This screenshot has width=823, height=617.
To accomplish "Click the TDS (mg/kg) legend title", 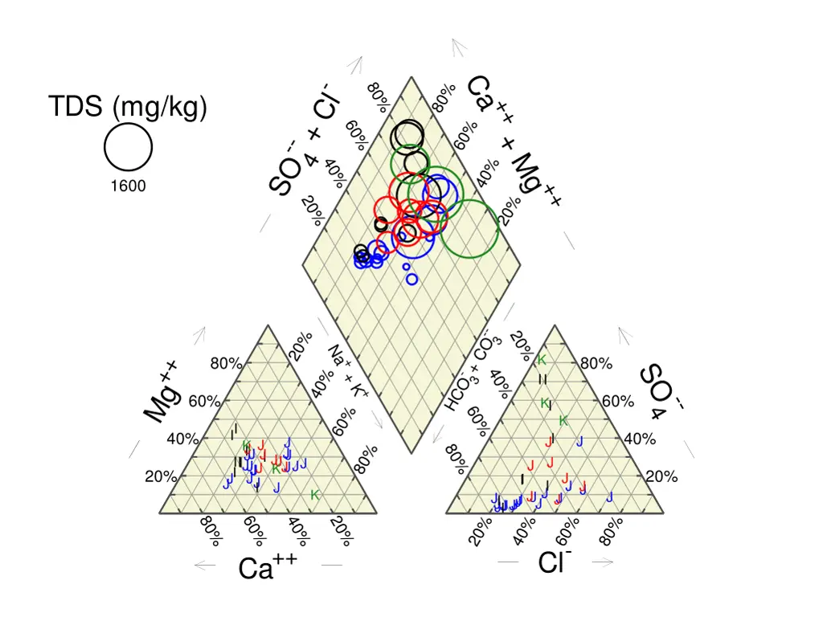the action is coord(127,107).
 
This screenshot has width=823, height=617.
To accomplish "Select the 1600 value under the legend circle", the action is coord(128,186).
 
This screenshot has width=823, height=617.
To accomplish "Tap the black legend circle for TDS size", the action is coord(129,150).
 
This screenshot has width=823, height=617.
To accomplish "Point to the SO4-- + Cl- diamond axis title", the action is coord(305,141).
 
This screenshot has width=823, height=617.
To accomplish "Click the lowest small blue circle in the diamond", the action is coord(412,279).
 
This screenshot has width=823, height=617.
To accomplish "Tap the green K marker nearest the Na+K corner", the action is coord(315,495).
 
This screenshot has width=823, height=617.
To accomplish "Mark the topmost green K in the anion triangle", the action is coord(543,360).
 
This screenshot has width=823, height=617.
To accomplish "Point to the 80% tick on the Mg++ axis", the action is coord(226,364).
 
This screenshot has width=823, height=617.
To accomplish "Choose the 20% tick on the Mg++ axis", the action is coord(161,477).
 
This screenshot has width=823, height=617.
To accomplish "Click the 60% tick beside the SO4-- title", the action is coord(617,402).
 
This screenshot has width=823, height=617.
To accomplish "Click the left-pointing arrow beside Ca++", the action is coord(204,566).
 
